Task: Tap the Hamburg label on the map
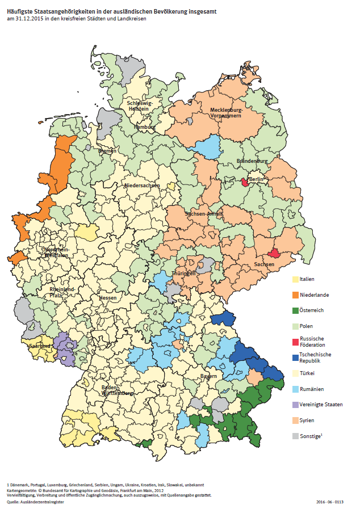click(x=144, y=127)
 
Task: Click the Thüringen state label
click(x=185, y=273)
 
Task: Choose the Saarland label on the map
click(x=41, y=346)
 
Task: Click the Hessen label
click(x=107, y=297)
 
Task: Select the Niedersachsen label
click(x=142, y=186)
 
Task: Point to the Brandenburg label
click(x=252, y=161)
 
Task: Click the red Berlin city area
click(x=245, y=182)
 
